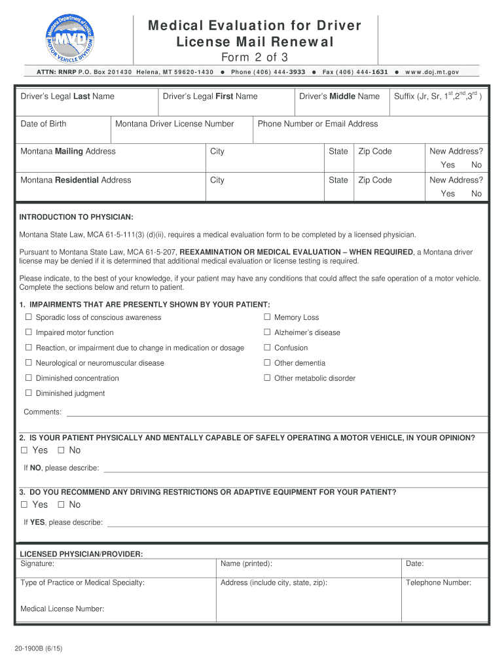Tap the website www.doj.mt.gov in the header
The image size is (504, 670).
point(432,71)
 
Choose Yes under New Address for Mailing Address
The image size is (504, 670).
point(448,165)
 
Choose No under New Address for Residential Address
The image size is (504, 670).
point(476,194)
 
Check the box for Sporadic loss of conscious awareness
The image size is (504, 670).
point(29,317)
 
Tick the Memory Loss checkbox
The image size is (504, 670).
point(267,317)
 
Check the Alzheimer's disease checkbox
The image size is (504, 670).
point(267,332)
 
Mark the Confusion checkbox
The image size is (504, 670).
point(267,347)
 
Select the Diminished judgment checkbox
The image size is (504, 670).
point(29,393)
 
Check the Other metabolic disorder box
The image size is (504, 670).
point(267,378)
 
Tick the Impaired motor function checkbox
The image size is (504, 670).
point(29,332)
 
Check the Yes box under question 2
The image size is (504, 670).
point(24,450)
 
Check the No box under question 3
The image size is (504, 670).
point(61,504)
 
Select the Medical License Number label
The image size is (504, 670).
point(62,608)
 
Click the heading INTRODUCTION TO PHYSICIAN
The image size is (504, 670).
point(76,217)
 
